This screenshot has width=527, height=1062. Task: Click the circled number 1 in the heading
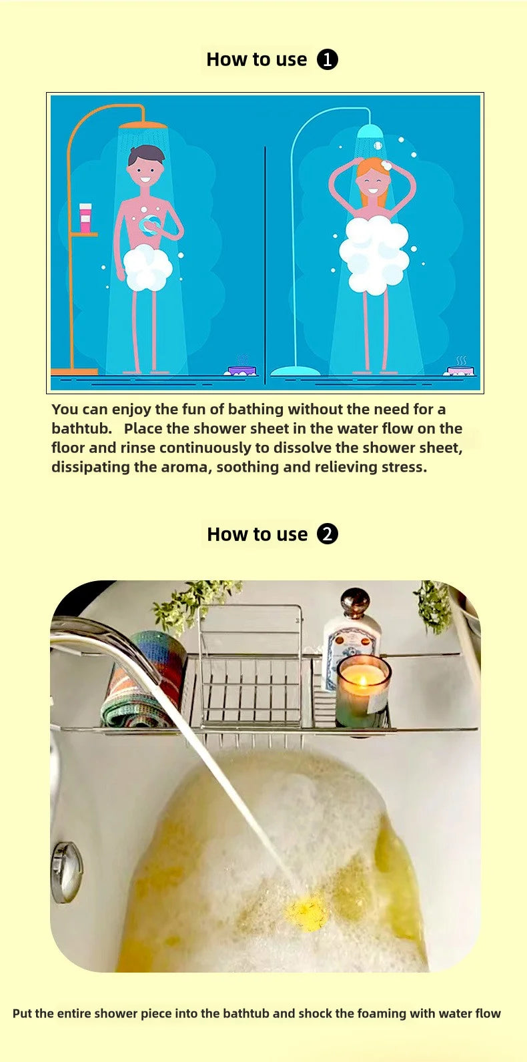pyautogui.click(x=327, y=60)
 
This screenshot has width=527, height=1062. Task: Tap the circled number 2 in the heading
pyautogui.click(x=327, y=534)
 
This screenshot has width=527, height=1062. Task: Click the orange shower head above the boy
pyautogui.click(x=143, y=125)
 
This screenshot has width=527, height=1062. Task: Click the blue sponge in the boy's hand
pyautogui.click(x=151, y=223)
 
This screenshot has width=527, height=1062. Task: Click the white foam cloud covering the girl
pyautogui.click(x=374, y=253)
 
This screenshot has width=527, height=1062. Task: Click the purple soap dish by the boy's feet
pyautogui.click(x=241, y=370)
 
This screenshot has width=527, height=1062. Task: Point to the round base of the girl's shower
pyautogui.click(x=295, y=371)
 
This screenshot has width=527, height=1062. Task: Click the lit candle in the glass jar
pyautogui.click(x=362, y=690)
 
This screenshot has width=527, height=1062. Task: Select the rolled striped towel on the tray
pyautogui.click(x=142, y=678)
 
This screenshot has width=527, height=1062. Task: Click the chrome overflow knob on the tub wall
pyautogui.click(x=67, y=872)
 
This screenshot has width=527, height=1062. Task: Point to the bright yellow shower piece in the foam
pyautogui.click(x=306, y=909)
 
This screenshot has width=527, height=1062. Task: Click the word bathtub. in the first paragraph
pyautogui.click(x=81, y=428)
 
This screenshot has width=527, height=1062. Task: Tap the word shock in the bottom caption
pyautogui.click(x=315, y=1014)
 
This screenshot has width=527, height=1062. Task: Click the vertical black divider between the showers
pyautogui.click(x=265, y=265)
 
